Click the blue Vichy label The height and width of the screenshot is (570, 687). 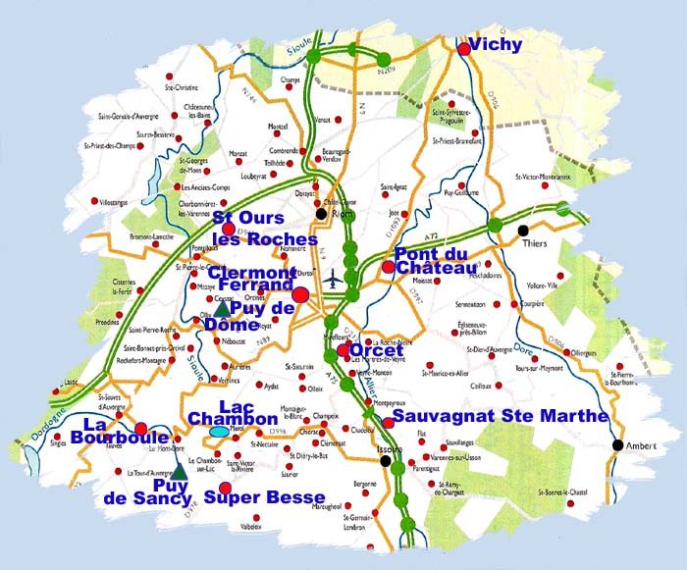[x=497, y=45]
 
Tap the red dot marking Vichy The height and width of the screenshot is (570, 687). [x=463, y=47]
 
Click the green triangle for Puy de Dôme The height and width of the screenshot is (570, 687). [x=222, y=310]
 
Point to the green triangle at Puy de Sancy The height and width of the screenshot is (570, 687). [x=180, y=472]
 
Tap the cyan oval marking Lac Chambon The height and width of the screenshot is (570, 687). [x=219, y=431]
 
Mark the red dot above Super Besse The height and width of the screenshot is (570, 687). [x=225, y=488]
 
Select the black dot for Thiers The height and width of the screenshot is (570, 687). [x=522, y=231]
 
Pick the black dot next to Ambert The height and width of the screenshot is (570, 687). [x=617, y=445]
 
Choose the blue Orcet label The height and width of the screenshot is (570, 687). [x=377, y=350]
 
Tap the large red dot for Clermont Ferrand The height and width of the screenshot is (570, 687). [x=301, y=294]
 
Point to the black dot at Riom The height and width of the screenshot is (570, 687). [x=321, y=213]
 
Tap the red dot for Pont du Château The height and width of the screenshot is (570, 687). [x=389, y=267]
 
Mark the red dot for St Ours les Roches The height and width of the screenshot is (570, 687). [x=230, y=229]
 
